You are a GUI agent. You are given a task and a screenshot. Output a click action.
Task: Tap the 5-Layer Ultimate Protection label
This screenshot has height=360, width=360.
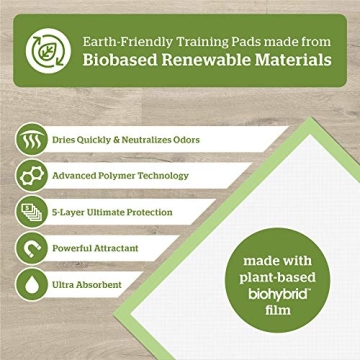112,211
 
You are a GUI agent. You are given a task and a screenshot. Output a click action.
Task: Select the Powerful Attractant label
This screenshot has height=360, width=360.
98,248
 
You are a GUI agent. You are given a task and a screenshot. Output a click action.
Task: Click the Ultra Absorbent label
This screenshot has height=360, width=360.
87,285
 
